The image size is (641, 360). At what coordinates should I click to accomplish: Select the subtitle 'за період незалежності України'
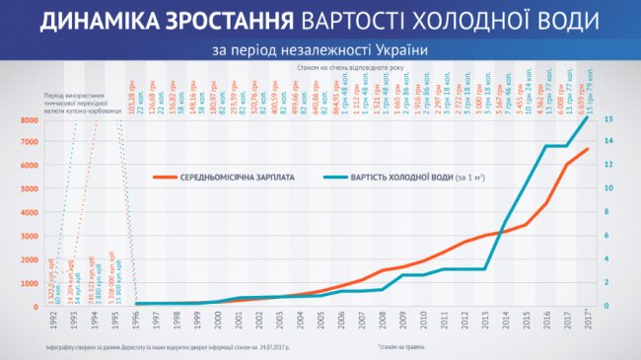point(320,49)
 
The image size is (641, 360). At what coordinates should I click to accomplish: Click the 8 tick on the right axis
point(608,211)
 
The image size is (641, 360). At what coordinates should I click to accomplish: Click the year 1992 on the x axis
point(50,320)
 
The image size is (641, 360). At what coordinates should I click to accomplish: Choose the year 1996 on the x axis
point(137,320)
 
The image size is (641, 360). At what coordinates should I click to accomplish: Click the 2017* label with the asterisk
point(588,320)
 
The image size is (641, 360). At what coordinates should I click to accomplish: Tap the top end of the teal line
point(587,117)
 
